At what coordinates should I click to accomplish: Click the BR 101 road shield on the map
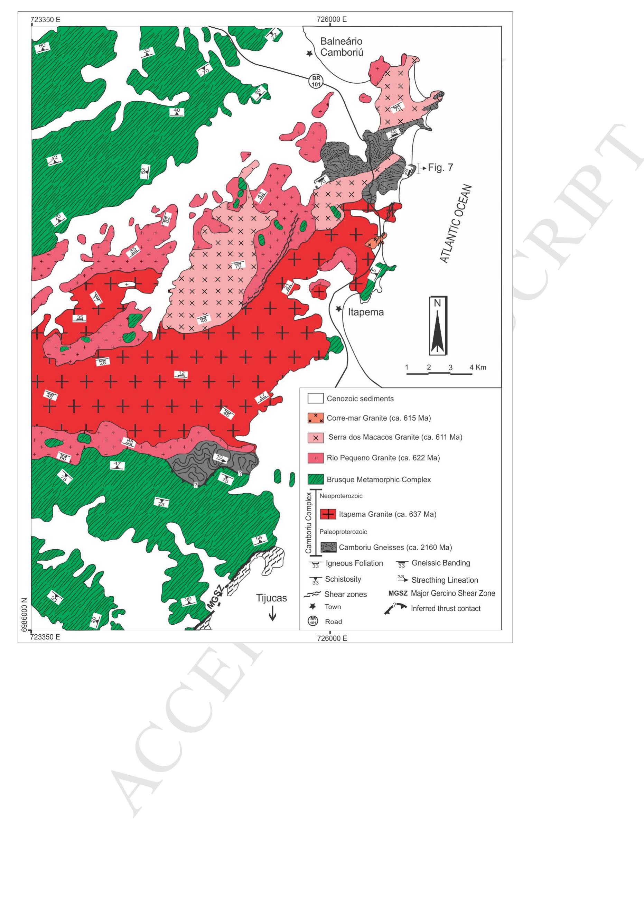(316, 82)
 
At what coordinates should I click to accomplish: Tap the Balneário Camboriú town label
(342, 47)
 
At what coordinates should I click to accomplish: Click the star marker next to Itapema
(338, 308)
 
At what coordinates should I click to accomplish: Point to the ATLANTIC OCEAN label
(456, 224)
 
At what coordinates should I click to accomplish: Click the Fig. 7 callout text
(440, 167)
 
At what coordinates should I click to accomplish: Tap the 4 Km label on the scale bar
(478, 367)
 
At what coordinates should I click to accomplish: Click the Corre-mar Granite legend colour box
(316, 418)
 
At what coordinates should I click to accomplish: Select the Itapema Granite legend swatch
(328, 514)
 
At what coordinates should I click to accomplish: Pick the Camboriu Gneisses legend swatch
(328, 548)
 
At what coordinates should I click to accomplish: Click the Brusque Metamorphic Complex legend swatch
(316, 479)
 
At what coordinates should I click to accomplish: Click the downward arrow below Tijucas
(272, 614)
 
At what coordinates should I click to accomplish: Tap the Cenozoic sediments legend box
(316, 399)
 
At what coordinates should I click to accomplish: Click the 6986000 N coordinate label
(24, 614)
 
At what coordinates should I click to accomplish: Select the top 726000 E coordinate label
(332, 19)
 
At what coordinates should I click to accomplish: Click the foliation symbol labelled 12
(182, 374)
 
